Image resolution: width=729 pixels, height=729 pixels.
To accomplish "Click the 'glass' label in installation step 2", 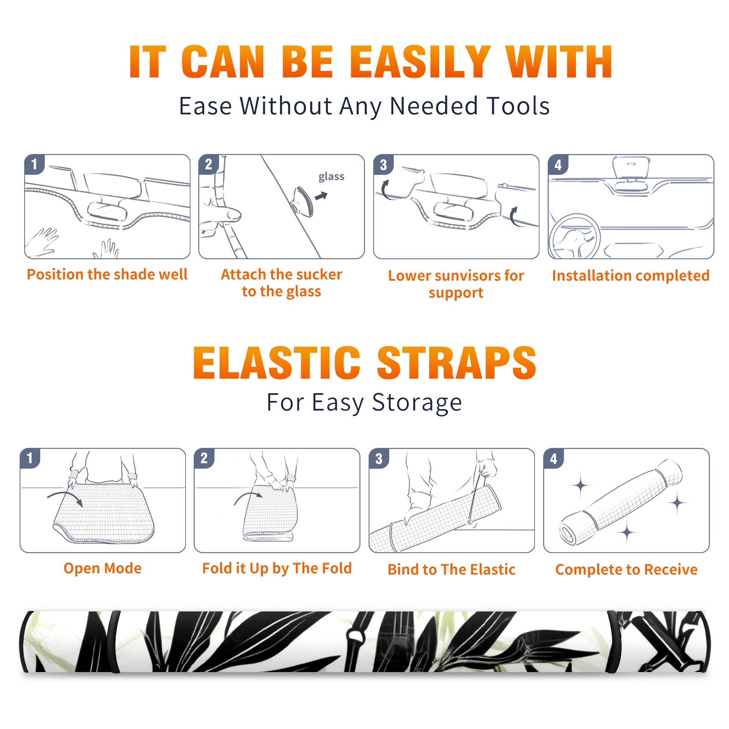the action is [331, 177].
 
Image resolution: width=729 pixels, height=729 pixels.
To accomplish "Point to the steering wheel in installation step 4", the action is [575, 237].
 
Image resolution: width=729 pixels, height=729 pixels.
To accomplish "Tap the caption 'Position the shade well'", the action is [107, 274].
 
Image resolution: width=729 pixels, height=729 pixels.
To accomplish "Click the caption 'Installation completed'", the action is [631, 275].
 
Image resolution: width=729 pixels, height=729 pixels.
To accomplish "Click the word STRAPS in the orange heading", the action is [457, 363].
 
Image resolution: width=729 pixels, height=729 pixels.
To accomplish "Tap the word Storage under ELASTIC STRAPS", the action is [417, 403].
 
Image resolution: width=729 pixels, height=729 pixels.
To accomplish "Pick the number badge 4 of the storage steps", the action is [554, 458].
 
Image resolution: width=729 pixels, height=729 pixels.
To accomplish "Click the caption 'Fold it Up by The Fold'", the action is [277, 568].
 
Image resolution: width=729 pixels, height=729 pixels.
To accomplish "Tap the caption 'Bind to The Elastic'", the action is [452, 570].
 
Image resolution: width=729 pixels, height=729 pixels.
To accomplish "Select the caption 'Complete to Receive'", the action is [626, 570].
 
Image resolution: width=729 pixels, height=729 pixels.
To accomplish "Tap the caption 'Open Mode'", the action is [103, 568].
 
